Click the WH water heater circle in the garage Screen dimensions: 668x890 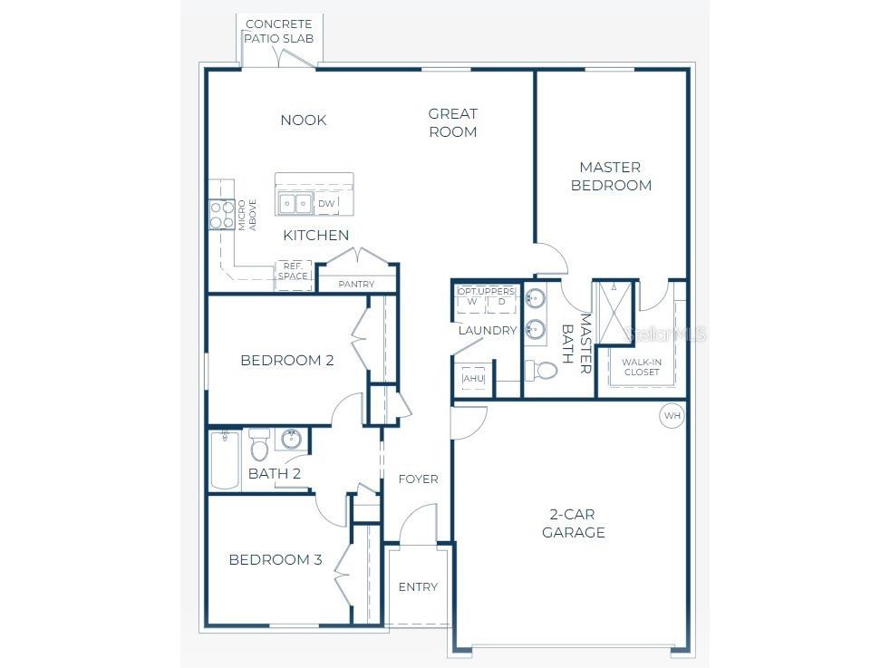[x=672, y=416]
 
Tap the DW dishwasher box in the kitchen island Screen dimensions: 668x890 [x=326, y=204]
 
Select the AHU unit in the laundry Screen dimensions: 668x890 [x=473, y=378]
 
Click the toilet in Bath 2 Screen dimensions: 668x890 [x=259, y=444]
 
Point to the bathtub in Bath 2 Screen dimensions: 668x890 [x=224, y=460]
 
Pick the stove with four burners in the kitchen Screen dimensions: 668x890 [x=222, y=215]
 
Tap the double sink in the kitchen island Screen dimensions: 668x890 [x=295, y=203]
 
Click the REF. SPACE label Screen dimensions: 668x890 [x=293, y=271]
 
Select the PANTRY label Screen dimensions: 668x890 [x=356, y=285]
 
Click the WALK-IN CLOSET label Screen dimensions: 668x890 [x=641, y=367]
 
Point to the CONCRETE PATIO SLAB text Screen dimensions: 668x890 [x=278, y=31]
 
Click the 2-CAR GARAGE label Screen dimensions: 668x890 [x=573, y=523]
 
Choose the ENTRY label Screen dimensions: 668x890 [x=418, y=586]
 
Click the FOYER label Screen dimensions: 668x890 [x=418, y=479]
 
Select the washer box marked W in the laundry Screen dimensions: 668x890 [x=471, y=303]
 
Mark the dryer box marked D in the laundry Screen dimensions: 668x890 [x=501, y=303]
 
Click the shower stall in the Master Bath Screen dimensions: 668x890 [x=614, y=313]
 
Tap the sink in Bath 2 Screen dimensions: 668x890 [x=291, y=440]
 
